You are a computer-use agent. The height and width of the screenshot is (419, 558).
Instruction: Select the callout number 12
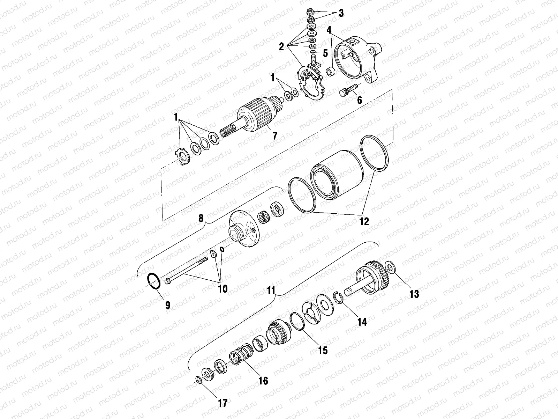(364, 221)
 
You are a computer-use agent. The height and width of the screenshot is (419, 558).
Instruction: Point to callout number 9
(168, 305)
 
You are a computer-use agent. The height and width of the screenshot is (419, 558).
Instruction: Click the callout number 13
(414, 294)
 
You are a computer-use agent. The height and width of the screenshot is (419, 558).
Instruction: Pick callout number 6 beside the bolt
(359, 100)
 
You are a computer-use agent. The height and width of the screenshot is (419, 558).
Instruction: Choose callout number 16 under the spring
(264, 380)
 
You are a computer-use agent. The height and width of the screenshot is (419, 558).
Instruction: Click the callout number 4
(329, 30)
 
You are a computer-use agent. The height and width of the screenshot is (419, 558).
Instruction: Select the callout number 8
(201, 219)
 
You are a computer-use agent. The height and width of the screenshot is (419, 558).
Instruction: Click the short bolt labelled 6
(347, 90)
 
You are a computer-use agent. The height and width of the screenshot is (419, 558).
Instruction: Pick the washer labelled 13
(391, 268)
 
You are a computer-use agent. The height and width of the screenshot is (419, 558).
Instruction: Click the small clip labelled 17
(198, 380)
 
